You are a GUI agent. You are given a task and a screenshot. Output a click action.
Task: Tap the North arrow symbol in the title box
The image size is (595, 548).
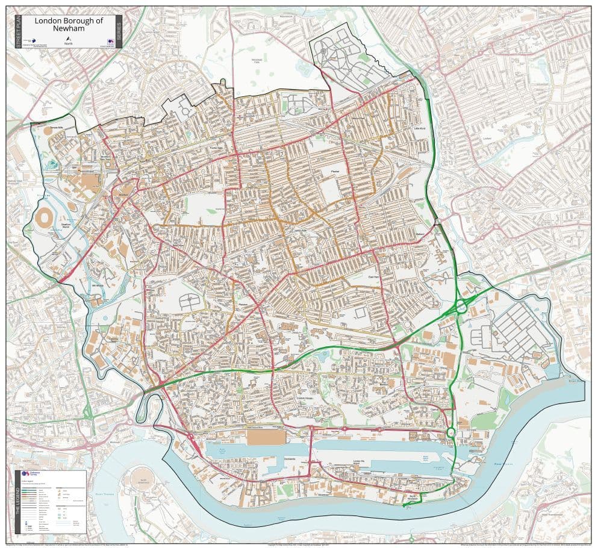point(69,40)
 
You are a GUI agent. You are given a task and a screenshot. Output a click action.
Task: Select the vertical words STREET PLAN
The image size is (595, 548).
point(19,31)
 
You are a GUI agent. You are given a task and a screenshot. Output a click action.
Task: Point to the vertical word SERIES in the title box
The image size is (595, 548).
point(119,31)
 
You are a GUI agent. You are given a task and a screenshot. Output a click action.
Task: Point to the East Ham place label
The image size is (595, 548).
point(374,277)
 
